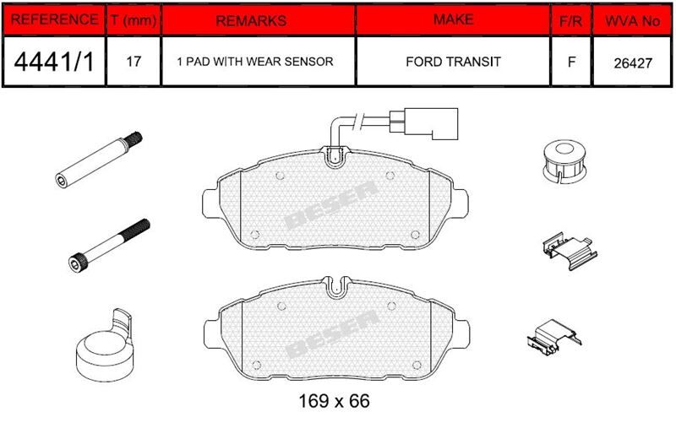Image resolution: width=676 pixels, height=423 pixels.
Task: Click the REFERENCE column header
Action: pos(54,19)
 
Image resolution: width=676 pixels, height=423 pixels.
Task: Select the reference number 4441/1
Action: pos(54,62)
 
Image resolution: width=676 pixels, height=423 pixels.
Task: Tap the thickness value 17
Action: pos(134,62)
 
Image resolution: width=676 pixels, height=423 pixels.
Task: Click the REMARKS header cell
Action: pos(251,20)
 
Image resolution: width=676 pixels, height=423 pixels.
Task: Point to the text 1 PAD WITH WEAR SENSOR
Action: pos(255,62)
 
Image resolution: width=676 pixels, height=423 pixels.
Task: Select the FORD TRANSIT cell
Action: pos(453,62)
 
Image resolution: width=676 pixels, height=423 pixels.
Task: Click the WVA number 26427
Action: pos(632,63)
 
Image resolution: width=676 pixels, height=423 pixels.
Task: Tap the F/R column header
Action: pos(570,20)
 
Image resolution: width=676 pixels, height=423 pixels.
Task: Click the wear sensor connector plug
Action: pos(423,123)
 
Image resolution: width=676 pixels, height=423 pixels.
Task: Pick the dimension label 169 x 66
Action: pos(334,401)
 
